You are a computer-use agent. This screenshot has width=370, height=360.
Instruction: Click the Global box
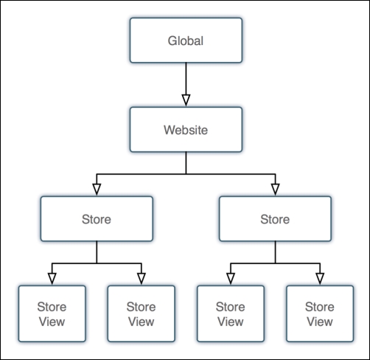click(x=185, y=41)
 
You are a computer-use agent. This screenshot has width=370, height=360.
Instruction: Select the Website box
click(x=185, y=130)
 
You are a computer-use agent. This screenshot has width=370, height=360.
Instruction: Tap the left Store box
click(x=97, y=219)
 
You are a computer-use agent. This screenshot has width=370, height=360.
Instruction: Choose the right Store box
click(x=275, y=219)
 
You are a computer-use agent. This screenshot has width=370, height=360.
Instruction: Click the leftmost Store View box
click(x=52, y=314)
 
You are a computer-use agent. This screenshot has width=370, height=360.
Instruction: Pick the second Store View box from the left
click(x=141, y=314)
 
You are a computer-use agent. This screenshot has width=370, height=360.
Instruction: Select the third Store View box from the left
click(x=231, y=314)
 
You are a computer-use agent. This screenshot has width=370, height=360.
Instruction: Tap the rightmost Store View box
click(x=319, y=314)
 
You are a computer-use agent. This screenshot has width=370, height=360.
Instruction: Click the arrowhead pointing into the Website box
click(x=186, y=100)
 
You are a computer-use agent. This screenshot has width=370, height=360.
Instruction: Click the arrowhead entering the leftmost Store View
click(x=52, y=277)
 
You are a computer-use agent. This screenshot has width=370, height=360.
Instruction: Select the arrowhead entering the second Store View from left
click(x=141, y=277)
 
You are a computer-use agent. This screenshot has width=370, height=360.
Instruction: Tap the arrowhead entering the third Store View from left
click(x=231, y=277)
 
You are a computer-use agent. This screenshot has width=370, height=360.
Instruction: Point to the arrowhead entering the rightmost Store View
click(x=319, y=277)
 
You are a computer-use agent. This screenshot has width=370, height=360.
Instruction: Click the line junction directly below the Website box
click(x=186, y=174)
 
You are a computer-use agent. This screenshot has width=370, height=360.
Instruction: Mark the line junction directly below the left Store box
click(x=97, y=263)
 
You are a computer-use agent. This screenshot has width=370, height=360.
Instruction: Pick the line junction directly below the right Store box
click(x=275, y=263)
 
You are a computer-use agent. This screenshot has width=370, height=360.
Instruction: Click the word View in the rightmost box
click(x=319, y=321)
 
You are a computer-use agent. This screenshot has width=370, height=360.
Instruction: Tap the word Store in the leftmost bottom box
click(x=52, y=306)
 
